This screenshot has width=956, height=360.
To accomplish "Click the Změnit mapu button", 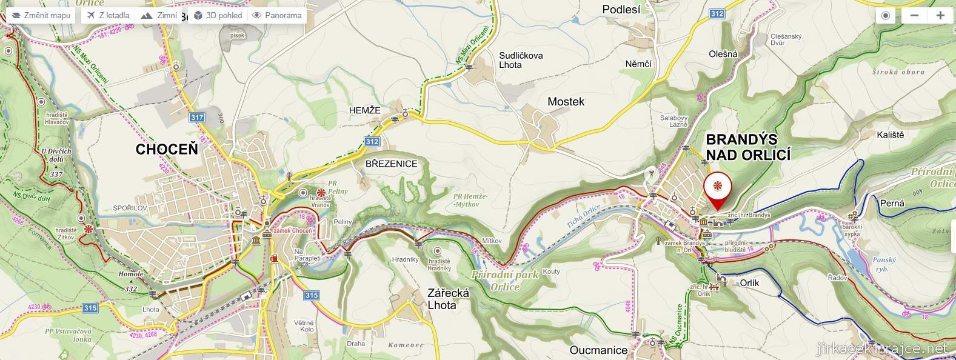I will click(41, 15).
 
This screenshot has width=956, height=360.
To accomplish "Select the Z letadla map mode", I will click(108, 15).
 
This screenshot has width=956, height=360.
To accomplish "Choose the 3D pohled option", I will click(218, 15).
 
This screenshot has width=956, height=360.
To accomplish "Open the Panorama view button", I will click(277, 15).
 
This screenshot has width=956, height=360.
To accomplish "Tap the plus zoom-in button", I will click(940, 15).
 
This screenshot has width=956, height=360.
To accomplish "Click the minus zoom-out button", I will click(914, 15).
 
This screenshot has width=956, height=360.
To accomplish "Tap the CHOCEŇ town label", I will click(167, 150).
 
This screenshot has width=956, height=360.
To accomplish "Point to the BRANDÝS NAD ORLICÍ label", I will click(748, 147).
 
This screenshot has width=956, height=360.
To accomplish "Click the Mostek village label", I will click(566, 102).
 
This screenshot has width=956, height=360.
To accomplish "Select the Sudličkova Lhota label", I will click(521, 60).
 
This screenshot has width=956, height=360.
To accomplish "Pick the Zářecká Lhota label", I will click(448, 299).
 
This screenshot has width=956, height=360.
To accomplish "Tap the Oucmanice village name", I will click(598, 350).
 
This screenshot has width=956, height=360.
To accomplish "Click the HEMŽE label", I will click(364, 110).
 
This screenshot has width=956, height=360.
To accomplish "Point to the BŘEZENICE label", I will click(391, 164).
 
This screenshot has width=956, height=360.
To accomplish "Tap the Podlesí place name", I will click(621, 9).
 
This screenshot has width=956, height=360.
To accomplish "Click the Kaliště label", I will click(890, 135).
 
